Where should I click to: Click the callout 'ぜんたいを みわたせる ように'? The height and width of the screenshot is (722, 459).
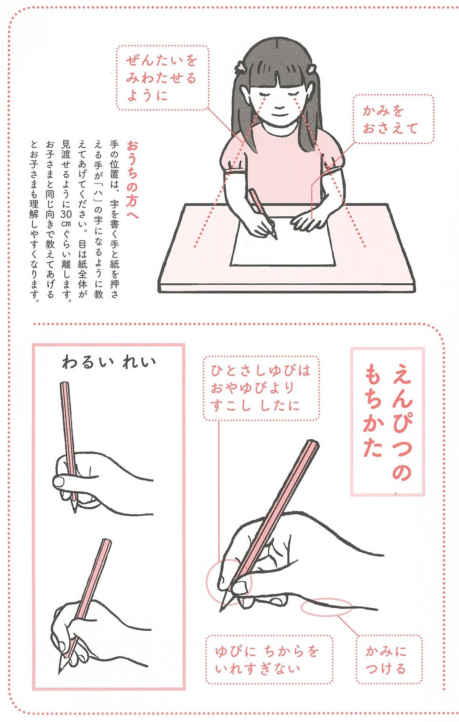[x=162, y=78]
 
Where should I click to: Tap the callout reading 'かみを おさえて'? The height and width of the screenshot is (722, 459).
[x=393, y=119]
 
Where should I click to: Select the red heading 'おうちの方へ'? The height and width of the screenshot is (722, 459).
[x=133, y=180]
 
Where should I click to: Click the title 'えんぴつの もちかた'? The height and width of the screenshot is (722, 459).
[x=388, y=421]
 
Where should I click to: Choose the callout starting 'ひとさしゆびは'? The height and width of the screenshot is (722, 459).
[x=261, y=388]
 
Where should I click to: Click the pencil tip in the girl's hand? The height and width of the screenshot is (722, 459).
[x=276, y=238]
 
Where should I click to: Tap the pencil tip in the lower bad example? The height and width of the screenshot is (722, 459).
[x=60, y=671]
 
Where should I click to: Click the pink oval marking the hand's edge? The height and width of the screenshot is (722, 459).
[x=326, y=607]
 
